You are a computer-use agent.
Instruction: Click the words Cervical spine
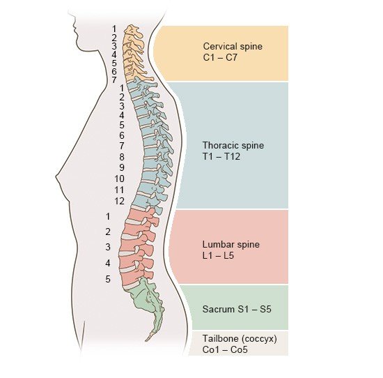233,47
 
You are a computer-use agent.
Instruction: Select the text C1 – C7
220,58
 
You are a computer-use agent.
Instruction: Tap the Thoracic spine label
233,146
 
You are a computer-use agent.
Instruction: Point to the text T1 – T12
221,157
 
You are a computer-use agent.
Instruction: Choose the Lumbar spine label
231,244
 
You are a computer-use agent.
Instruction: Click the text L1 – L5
218,255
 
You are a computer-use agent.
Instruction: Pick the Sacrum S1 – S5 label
237,309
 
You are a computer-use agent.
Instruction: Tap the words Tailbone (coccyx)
240,339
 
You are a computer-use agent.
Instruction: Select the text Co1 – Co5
225,349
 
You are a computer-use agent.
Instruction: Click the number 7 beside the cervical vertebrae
114,80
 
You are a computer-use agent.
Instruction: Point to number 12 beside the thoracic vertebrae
120,201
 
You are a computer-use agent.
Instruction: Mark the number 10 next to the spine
120,179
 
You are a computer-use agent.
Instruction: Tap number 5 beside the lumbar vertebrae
108,279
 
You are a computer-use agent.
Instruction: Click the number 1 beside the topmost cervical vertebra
114,29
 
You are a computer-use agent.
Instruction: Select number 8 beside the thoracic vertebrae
122,157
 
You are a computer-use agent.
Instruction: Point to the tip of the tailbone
146,340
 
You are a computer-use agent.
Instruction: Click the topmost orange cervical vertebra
133,32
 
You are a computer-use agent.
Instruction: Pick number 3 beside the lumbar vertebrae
108,247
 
